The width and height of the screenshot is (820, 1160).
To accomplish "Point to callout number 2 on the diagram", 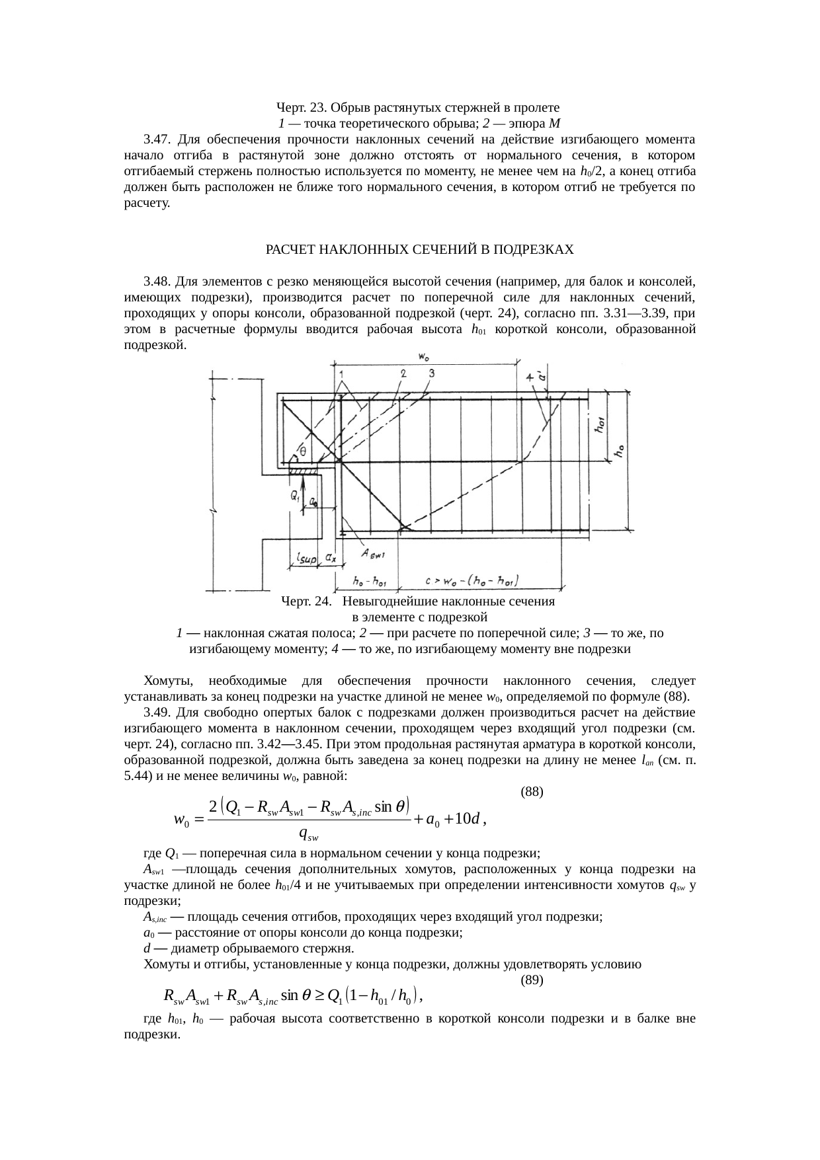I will pos(403,373).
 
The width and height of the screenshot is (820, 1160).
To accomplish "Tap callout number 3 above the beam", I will pos(430,373).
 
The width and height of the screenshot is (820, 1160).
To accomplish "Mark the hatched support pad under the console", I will pos(304,471).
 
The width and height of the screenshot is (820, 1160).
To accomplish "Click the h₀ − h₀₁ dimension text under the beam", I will pos(370,582).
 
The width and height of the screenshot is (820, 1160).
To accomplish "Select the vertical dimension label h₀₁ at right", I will pos(601,423).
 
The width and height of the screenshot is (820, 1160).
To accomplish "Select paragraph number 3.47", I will pos(157,139).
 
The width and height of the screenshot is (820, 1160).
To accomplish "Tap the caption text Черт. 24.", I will pos(305,601).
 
